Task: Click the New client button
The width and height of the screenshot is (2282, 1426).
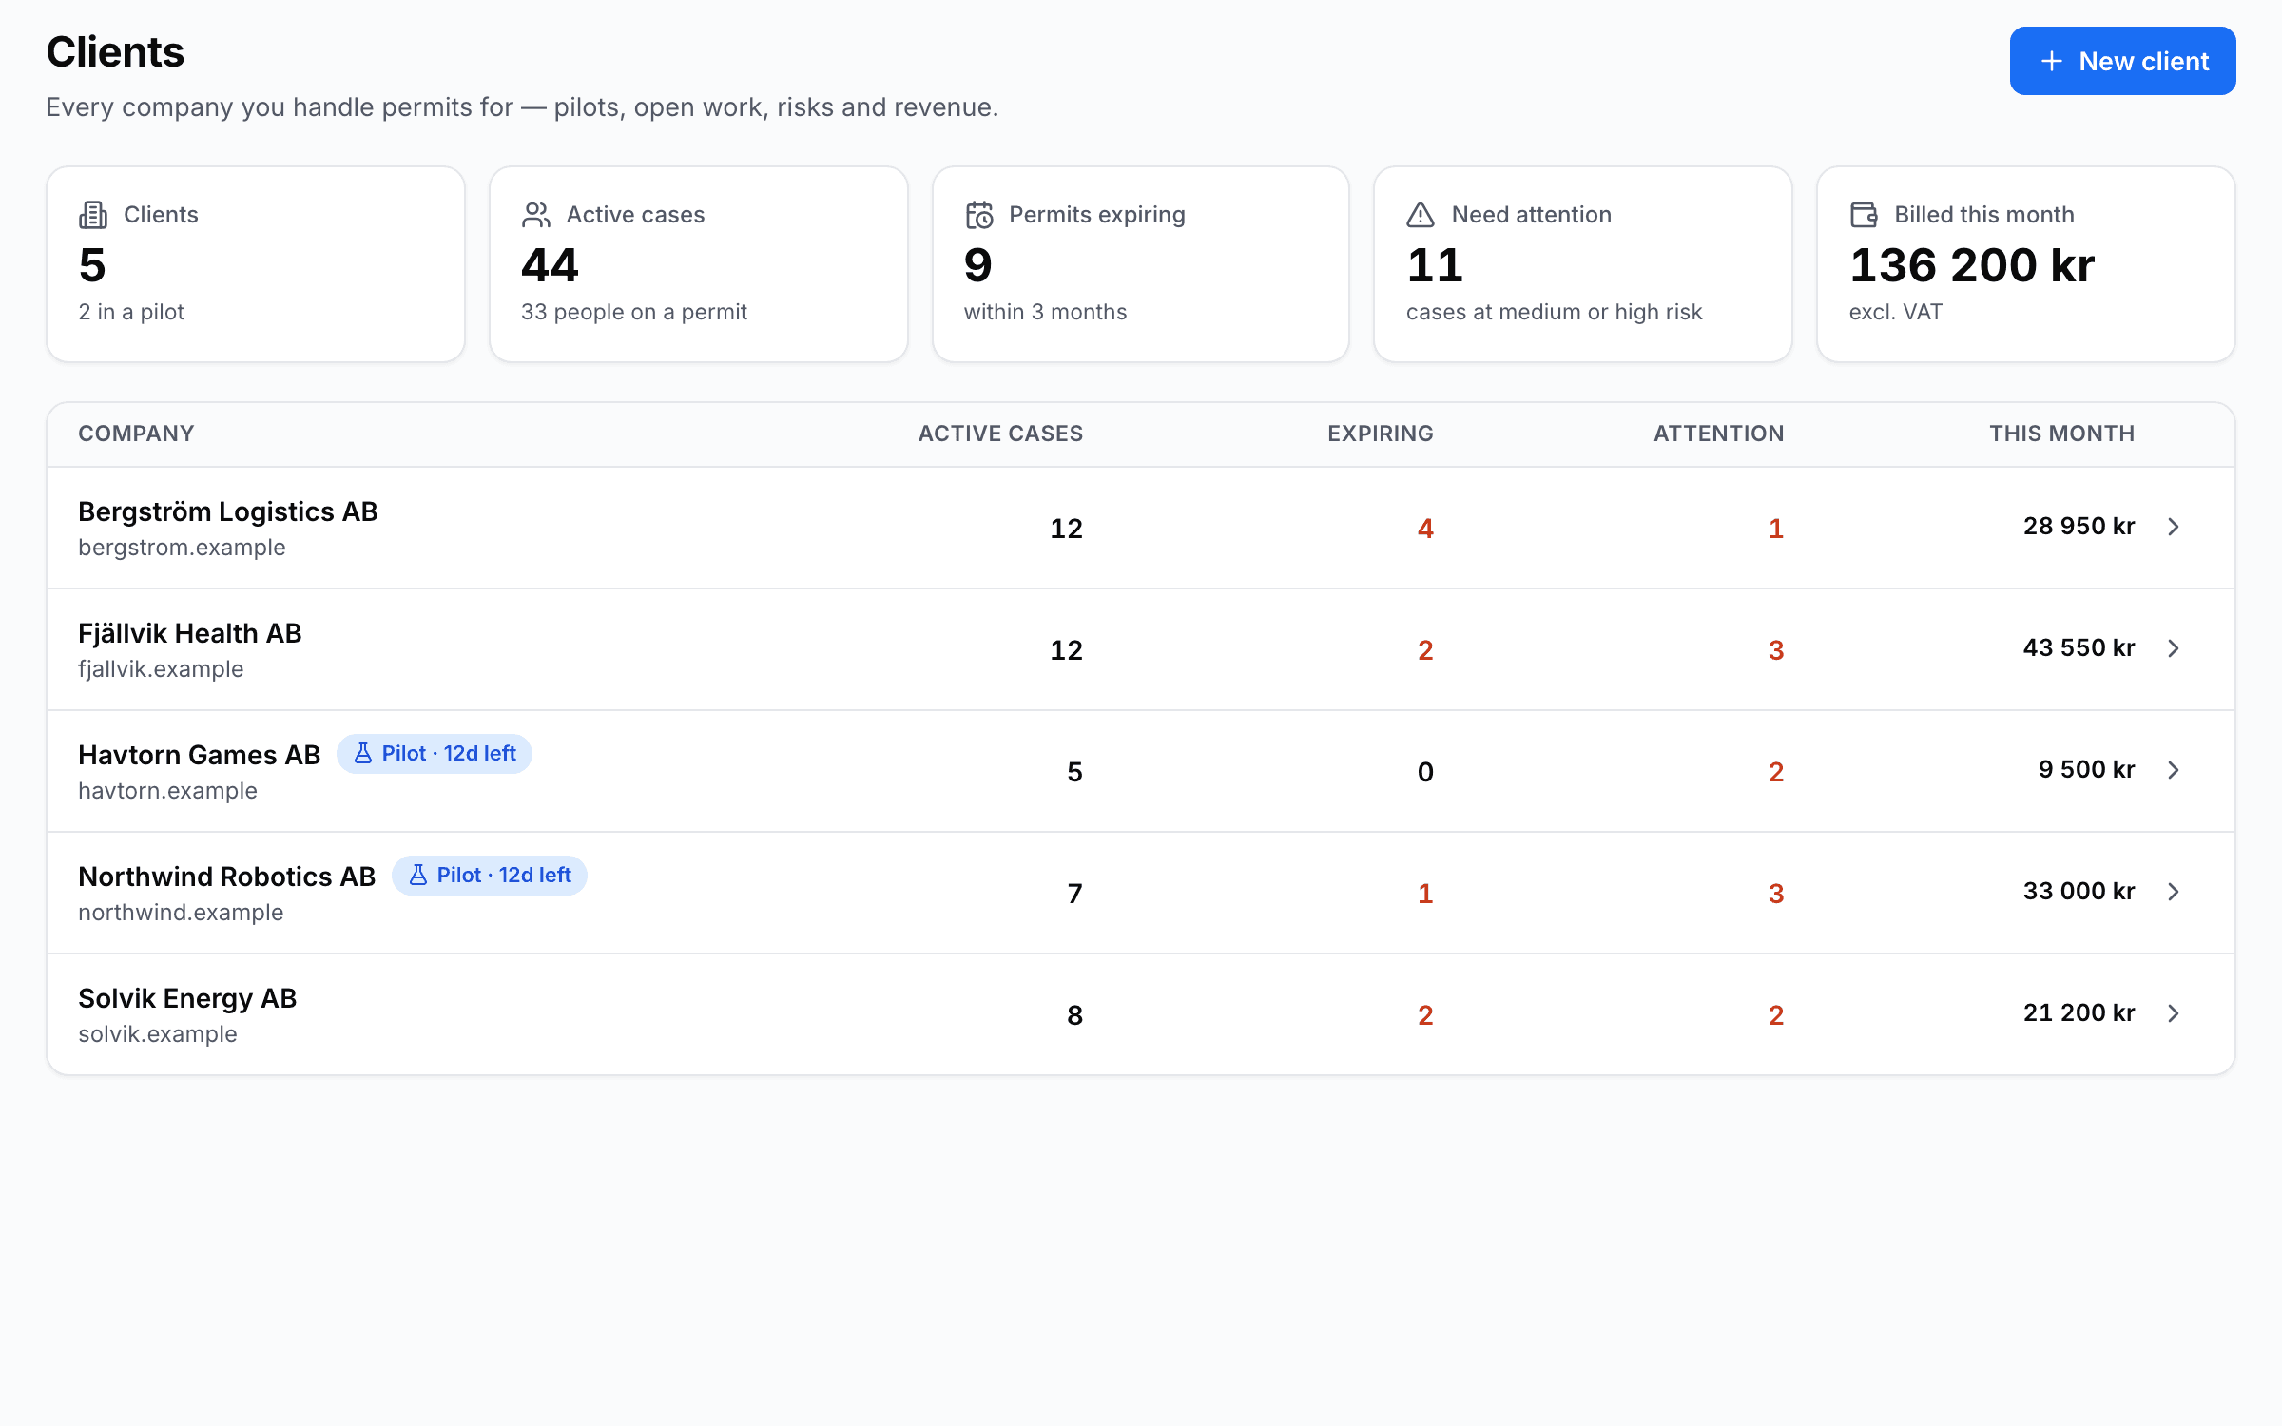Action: (x=2122, y=61)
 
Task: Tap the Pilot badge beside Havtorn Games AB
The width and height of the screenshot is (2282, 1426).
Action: (x=435, y=754)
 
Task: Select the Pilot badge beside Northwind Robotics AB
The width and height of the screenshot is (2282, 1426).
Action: (x=490, y=876)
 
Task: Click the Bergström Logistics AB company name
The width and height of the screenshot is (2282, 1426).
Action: (x=228, y=511)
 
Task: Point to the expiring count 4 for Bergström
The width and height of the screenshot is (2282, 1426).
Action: (x=1425, y=529)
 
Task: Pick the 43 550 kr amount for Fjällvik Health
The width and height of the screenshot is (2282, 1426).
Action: (x=2079, y=647)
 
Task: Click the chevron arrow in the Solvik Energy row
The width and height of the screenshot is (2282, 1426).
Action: (x=2174, y=1013)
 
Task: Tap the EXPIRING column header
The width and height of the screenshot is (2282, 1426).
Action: (x=1381, y=434)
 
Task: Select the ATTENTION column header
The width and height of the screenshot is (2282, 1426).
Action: (x=1718, y=434)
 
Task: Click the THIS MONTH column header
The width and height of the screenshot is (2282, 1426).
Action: (x=2061, y=434)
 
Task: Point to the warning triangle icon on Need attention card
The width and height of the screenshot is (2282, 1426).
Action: (x=1421, y=215)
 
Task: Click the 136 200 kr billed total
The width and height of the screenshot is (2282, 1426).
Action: (x=1972, y=265)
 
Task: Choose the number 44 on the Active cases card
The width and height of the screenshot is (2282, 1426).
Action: (x=550, y=265)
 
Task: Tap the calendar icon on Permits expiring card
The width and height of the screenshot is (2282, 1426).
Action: (x=979, y=215)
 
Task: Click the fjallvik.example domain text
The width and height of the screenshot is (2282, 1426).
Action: (x=161, y=669)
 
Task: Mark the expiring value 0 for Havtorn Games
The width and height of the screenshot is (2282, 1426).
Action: (x=1425, y=772)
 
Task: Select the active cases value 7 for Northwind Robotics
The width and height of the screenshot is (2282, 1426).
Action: (x=1074, y=894)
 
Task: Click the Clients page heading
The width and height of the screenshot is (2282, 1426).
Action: (x=115, y=52)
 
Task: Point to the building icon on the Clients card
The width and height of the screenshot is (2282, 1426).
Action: (x=93, y=215)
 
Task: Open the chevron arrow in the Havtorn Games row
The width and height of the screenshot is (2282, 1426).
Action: (x=2174, y=770)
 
